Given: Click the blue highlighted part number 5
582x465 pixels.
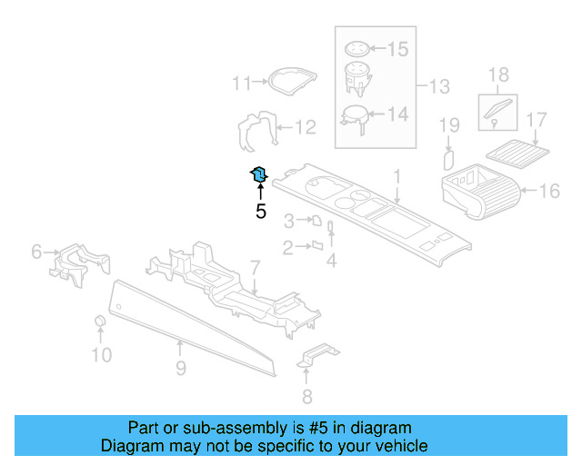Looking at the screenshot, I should coord(259,173).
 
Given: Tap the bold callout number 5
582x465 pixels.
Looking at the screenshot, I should coord(260,212).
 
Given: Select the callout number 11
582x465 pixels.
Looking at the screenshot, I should coord(240,84).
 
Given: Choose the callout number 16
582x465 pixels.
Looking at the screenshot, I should coord(549,191).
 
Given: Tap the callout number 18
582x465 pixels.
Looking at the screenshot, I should coord(498,74).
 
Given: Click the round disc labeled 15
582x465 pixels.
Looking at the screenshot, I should coord(359,48).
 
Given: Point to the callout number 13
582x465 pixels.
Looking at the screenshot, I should coord(439,87).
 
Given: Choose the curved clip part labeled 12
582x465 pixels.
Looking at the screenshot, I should coord(255,131).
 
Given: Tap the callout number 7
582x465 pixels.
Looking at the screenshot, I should coord(256,268).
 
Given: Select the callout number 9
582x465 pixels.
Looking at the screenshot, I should coord(180,368).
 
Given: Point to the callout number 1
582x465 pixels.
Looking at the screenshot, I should coord(396,174).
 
